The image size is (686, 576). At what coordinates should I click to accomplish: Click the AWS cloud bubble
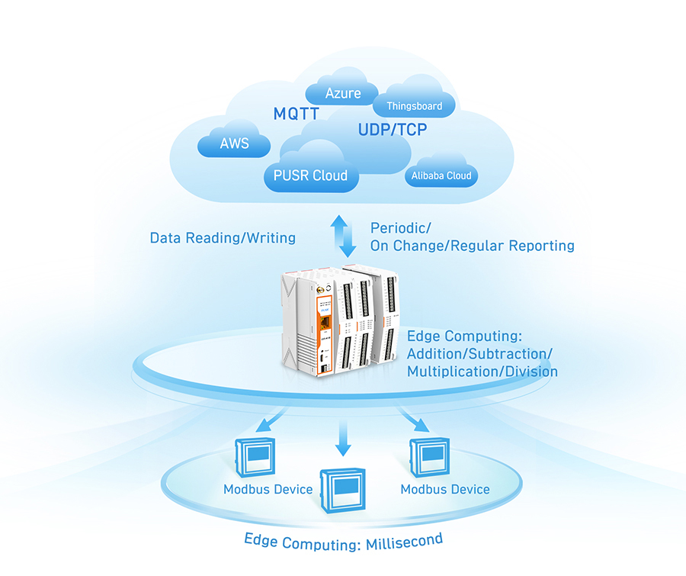pyautogui.click(x=234, y=143)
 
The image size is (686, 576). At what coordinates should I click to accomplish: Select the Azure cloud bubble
pyautogui.click(x=343, y=93)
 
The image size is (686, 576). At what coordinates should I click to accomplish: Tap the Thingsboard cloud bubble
pyautogui.click(x=414, y=105)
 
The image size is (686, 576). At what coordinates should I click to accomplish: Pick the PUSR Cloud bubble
pyautogui.click(x=310, y=175)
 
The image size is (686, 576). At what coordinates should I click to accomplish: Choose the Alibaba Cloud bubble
pyautogui.click(x=441, y=175)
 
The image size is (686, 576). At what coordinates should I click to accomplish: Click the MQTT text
pyautogui.click(x=296, y=114)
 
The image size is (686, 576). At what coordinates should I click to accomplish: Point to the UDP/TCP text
pyautogui.click(x=393, y=130)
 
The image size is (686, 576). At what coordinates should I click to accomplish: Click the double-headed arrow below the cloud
pyautogui.click(x=347, y=236)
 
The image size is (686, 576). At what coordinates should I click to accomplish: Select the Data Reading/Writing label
pyautogui.click(x=223, y=238)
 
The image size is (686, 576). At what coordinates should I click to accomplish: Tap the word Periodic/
pyautogui.click(x=401, y=228)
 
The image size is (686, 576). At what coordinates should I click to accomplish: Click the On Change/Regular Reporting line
pyautogui.click(x=472, y=246)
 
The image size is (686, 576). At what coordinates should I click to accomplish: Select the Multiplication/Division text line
pyautogui.click(x=482, y=372)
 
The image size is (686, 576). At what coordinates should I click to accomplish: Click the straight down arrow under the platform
pyautogui.click(x=343, y=438)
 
